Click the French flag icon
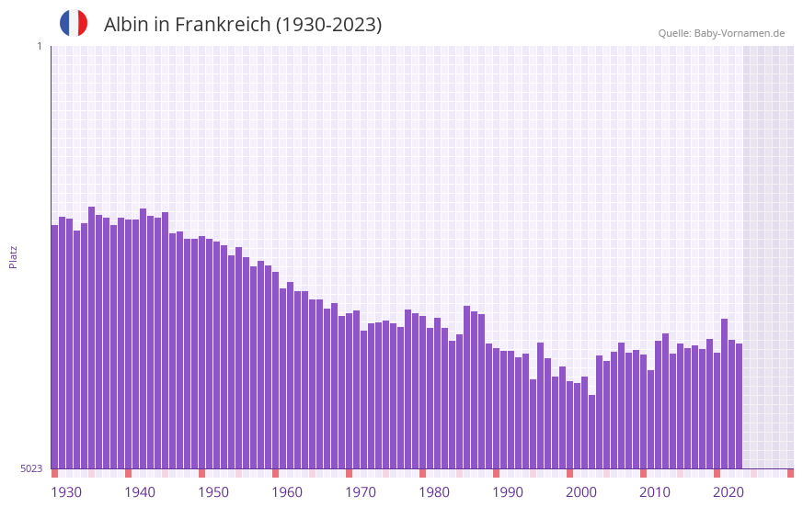pos(74,23)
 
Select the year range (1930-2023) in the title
pos(328,25)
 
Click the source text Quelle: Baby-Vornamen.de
pos(721,33)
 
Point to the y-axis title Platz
pos(13,256)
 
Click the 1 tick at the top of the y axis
pos(39,46)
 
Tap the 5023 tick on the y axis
pos(31,468)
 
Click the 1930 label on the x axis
pos(66,492)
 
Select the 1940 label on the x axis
pos(140,492)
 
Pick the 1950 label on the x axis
pos(213,492)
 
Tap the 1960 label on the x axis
pos(287,492)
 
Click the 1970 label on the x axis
pos(361,492)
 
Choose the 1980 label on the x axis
pos(434,492)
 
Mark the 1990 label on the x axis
pos(508,492)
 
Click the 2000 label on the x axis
pos(581,492)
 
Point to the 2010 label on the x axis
pos(655,492)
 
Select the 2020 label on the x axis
pos(728,492)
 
